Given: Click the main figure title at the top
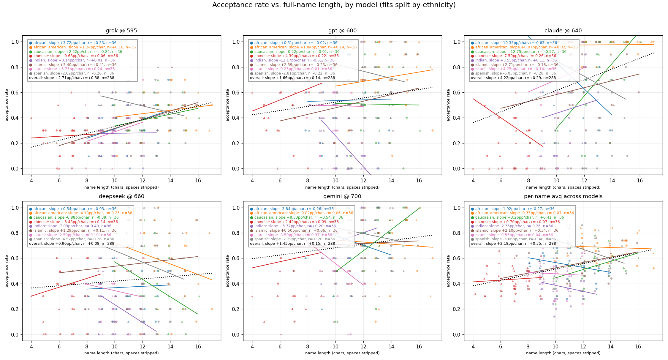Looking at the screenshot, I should click(334, 5).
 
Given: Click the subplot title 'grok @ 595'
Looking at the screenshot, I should click(121, 31).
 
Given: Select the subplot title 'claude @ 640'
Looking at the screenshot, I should click(563, 31).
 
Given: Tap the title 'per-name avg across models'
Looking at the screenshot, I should click(563, 196).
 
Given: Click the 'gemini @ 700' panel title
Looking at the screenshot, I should click(342, 196).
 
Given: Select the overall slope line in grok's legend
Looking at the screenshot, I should click(72, 78).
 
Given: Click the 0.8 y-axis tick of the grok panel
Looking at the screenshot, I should click(15, 67).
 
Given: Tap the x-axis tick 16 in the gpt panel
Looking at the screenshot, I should click(419, 180).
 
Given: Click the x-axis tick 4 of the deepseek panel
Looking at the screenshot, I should click(31, 346).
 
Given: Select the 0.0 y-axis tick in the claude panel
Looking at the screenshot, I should click(457, 169).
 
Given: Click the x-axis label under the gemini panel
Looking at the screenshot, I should click(342, 353).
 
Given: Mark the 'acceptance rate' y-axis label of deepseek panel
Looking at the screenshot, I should click(7, 271).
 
